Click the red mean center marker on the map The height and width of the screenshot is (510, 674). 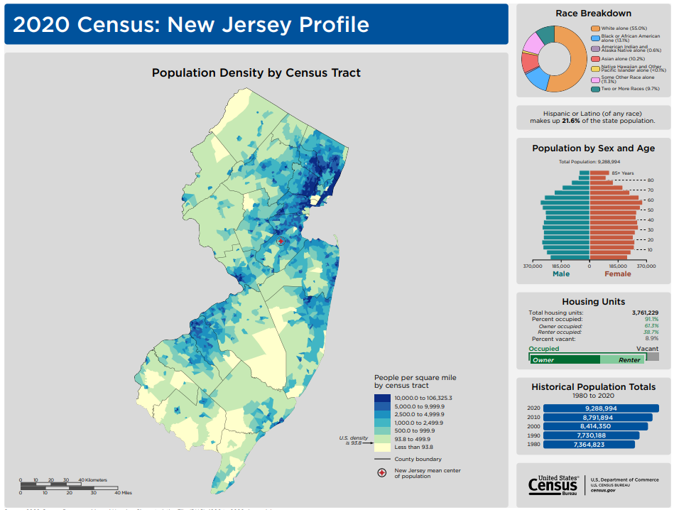click(281, 242)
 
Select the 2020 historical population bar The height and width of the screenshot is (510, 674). click(600, 408)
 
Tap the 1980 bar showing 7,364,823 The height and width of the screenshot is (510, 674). click(588, 445)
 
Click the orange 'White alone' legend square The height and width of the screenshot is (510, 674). click(594, 28)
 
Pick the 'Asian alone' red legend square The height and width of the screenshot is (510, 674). click(594, 59)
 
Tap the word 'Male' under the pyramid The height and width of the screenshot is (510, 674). click(561, 274)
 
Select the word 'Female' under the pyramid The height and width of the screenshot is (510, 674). click(617, 274)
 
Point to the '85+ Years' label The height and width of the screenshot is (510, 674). click(622, 173)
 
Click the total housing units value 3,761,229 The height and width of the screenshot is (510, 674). click(645, 313)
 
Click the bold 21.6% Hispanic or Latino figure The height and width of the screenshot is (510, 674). click(571, 121)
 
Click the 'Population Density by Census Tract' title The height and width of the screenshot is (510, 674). click(256, 72)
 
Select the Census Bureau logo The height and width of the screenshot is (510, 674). click(553, 485)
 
